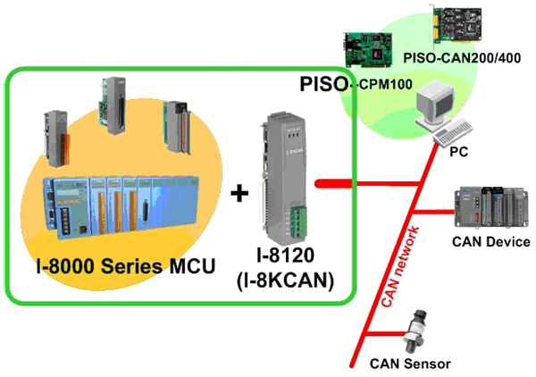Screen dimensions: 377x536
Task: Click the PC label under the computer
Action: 456,153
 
